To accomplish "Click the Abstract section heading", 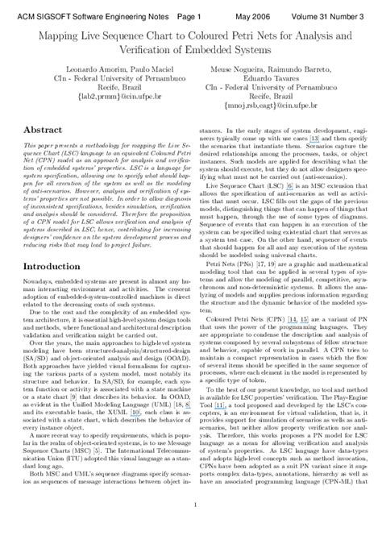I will tap(44, 129).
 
